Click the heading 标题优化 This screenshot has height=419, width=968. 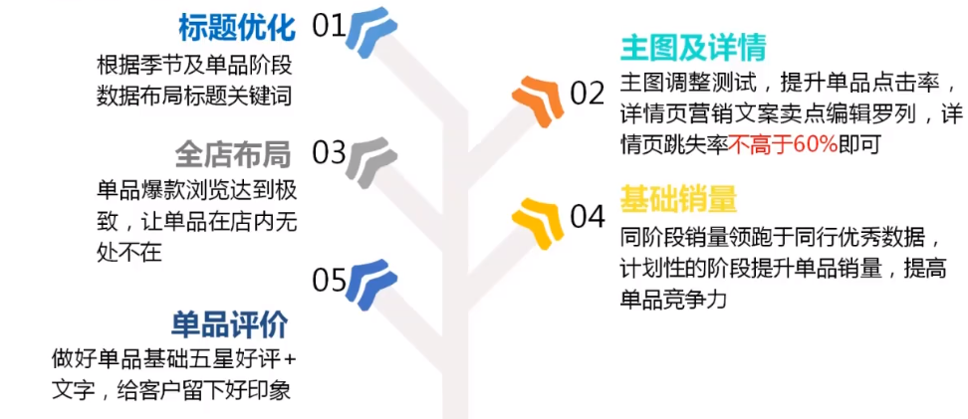[236, 28]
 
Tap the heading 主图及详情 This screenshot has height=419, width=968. [693, 47]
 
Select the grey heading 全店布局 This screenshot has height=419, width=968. [233, 154]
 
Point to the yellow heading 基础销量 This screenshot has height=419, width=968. [678, 199]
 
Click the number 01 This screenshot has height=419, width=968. [329, 27]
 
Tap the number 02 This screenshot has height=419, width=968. [588, 94]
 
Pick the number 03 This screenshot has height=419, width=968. [329, 153]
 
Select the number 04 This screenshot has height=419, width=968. [588, 217]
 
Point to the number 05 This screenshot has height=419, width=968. [329, 282]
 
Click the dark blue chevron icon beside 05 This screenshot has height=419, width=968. [371, 285]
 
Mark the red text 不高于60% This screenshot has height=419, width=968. [783, 145]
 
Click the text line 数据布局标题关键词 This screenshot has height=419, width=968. [194, 98]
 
